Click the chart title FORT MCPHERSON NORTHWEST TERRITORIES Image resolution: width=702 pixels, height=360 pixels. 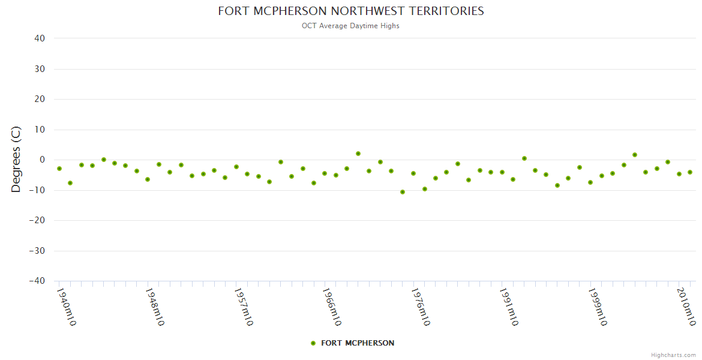coord(350,11)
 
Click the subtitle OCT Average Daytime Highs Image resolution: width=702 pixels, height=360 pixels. coord(350,26)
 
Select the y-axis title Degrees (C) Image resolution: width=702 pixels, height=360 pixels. coord(16,159)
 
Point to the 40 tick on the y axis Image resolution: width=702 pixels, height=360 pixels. coord(40,38)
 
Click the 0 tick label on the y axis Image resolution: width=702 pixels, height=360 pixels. coord(43,160)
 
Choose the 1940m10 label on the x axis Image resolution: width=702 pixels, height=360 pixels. coord(65,307)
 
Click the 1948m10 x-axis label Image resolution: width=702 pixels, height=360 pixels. coord(154,307)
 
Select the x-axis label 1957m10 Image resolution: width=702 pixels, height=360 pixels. coord(243,307)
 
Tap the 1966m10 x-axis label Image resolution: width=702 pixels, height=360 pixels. coord(332,307)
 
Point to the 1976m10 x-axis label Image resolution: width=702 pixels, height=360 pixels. coord(420,307)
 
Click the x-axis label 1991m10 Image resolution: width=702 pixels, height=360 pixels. coord(509,307)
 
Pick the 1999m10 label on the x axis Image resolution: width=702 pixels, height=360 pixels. coord(598,307)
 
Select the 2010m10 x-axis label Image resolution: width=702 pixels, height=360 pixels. coord(686,307)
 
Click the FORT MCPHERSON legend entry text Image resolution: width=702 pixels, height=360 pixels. coord(358,343)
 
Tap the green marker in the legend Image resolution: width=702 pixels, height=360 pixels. coord(313,343)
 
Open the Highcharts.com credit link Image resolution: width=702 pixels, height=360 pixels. coord(673,355)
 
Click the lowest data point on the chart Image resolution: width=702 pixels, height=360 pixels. coord(402,192)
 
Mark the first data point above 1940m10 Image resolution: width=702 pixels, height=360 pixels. coord(59,169)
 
